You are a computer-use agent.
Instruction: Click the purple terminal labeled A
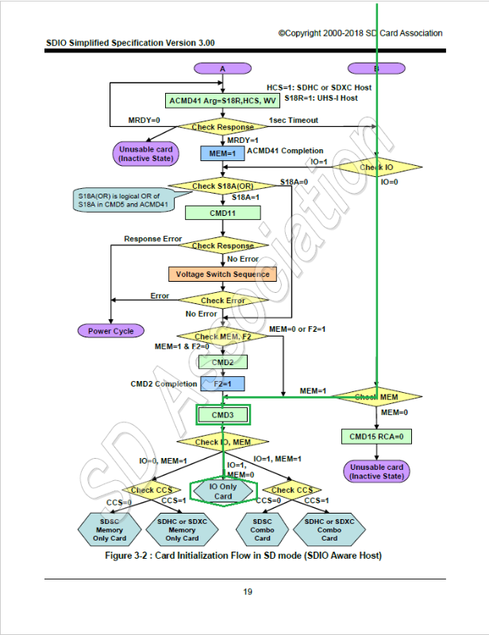[x=223, y=69]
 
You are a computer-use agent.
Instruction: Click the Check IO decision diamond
[x=376, y=167]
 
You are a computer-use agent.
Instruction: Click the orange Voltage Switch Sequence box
[x=222, y=274]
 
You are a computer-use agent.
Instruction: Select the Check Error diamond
[x=223, y=301]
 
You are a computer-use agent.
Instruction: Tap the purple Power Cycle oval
[x=111, y=330]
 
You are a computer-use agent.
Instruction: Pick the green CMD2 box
[x=223, y=362]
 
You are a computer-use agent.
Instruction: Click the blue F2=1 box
[x=223, y=384]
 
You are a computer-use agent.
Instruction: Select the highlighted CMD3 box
[x=223, y=415]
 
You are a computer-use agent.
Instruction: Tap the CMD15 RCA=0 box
[x=377, y=437]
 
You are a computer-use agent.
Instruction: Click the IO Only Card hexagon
[x=223, y=491]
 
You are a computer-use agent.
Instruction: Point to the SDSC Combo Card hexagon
[x=263, y=527]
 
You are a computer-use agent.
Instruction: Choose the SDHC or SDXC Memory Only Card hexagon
[x=182, y=527]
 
